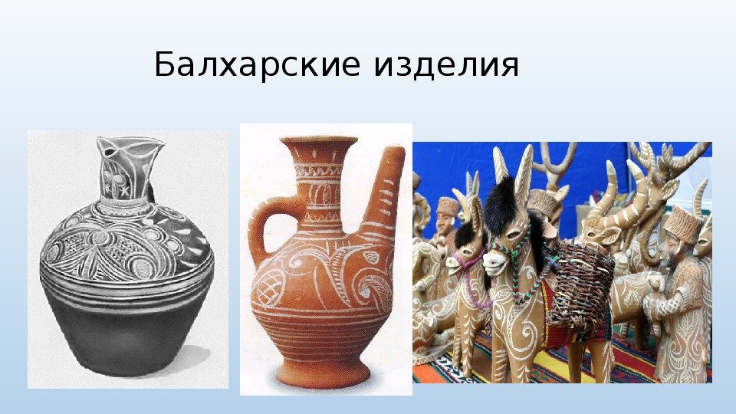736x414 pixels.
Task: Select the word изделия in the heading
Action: (x=446, y=64)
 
